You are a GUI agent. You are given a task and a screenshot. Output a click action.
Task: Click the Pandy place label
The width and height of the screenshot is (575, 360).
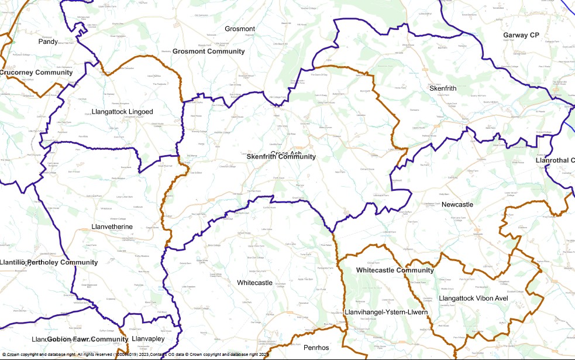coord(49,42)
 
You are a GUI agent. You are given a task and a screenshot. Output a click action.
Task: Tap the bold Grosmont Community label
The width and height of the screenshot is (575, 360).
coord(208,52)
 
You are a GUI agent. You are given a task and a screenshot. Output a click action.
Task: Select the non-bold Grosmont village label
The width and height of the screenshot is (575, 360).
coord(240,29)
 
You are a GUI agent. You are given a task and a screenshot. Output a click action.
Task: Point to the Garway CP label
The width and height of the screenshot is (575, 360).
coord(521,35)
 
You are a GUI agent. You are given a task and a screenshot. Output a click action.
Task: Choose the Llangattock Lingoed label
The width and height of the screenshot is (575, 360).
coord(122,112)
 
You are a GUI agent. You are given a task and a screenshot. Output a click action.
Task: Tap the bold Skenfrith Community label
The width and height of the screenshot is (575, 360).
coord(281,157)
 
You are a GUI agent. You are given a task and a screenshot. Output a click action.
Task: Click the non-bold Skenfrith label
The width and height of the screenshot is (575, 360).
coord(443,88)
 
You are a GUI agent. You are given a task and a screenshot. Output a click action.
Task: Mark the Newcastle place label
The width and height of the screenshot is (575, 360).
coord(457,204)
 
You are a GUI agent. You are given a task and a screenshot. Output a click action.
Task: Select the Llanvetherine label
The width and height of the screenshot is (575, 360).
coord(112,227)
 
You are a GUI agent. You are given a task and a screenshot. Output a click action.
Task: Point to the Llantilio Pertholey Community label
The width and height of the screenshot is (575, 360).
coord(49,262)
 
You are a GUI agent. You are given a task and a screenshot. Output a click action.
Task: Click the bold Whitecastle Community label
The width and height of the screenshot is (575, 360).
coord(395,270)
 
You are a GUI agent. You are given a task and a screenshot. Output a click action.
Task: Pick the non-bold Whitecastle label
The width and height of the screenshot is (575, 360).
coord(254,283)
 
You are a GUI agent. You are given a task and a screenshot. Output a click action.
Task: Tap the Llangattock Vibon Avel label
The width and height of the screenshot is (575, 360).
coord(473,299)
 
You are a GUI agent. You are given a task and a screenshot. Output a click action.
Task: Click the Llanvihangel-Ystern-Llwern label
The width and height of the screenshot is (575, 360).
coord(386,313)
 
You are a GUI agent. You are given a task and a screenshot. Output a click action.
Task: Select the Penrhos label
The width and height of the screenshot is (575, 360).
coord(316,348)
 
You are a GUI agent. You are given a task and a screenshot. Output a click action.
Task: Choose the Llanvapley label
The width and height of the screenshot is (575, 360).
coord(148,338)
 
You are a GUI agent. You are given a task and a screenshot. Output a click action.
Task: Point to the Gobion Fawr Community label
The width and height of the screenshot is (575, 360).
coord(87,340)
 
